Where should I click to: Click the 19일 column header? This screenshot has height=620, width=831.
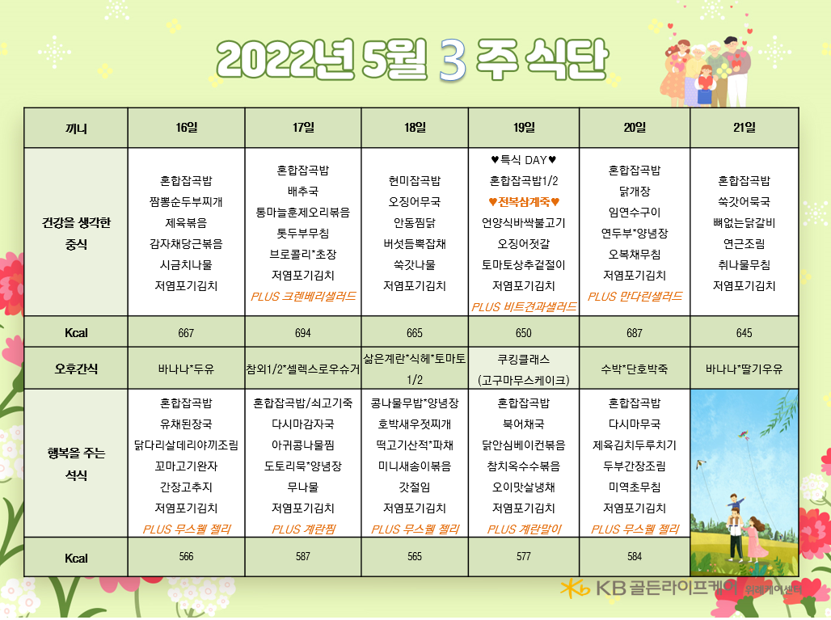(x=524, y=127)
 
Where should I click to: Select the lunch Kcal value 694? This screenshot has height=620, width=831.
(x=302, y=333)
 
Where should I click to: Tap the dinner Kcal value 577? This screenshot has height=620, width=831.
(x=524, y=556)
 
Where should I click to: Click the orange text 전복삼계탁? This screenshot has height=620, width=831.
(x=524, y=202)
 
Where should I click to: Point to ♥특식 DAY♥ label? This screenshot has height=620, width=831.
(x=524, y=159)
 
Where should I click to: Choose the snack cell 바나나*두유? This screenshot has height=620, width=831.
(x=186, y=369)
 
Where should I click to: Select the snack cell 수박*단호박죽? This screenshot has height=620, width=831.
(x=635, y=369)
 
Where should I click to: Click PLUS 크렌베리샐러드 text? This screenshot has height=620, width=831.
(x=303, y=296)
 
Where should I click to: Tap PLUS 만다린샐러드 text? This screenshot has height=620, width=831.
(x=635, y=296)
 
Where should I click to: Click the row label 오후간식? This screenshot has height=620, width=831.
(x=76, y=369)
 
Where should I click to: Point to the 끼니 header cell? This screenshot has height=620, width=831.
(x=76, y=129)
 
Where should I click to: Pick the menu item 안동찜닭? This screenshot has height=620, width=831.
(x=415, y=223)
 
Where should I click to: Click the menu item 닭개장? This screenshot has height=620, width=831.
(x=635, y=192)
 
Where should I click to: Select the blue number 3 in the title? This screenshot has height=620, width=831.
(x=453, y=60)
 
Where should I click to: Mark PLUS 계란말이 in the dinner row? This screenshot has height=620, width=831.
(x=524, y=529)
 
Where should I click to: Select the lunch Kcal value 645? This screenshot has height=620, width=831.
(x=744, y=333)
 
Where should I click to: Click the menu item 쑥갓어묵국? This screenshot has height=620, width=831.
(x=744, y=202)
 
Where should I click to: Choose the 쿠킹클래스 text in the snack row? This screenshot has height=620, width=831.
(x=524, y=359)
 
